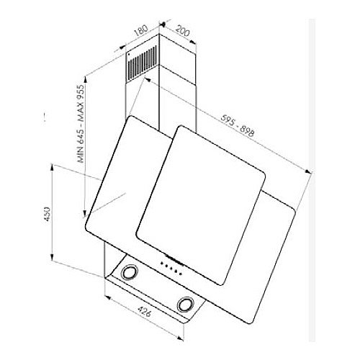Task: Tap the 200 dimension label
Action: tap(182, 30)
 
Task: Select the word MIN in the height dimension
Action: tap(81, 154)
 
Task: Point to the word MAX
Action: tap(81, 114)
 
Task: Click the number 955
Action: tap(81, 92)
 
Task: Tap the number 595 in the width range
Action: tap(227, 121)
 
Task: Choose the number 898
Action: tap(247, 132)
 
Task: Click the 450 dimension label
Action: tap(48, 214)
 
